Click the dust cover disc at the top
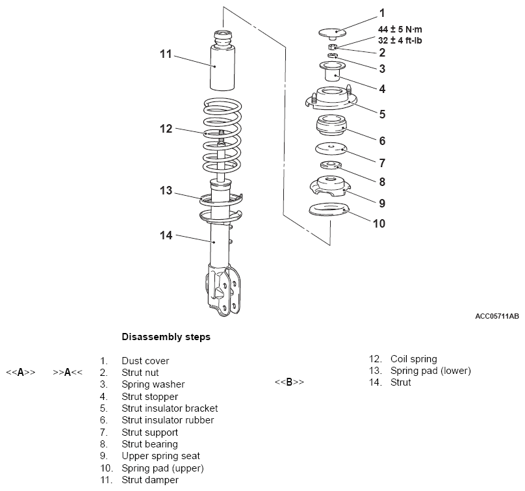pos(332,33)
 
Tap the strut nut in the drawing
pos(332,47)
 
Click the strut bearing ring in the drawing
pos(331,165)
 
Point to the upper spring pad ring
pos(329,209)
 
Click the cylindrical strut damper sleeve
pos(222,60)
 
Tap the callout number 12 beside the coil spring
pos(166,129)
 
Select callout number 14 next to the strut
pos(166,235)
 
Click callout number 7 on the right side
pos(382,163)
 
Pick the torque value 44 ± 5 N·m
pos(400,29)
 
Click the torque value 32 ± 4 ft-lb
pos(400,40)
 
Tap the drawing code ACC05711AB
pos(497,316)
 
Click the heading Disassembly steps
pos(166,337)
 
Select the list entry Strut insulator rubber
pos(168,420)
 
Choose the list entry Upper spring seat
pos(160,456)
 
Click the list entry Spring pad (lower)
pos(431,371)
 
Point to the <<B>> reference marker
pos(289,382)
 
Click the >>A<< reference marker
pos(68,373)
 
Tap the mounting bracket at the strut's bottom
pos(224,290)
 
